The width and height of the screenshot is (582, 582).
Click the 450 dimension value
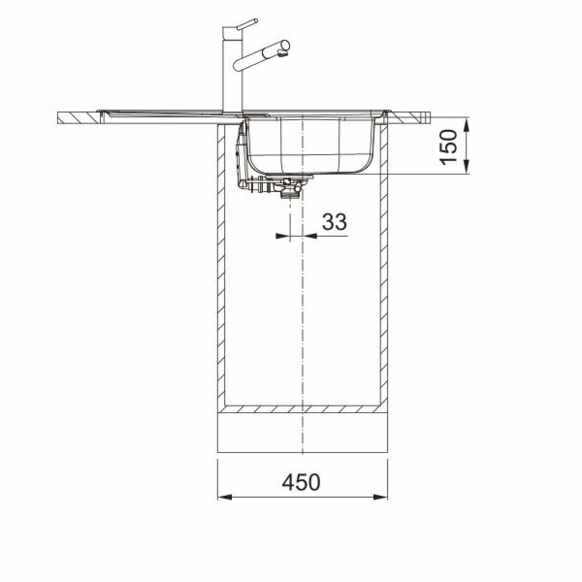(x=301, y=482)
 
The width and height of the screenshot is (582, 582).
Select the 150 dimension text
(x=448, y=146)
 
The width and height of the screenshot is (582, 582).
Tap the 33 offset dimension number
(x=335, y=221)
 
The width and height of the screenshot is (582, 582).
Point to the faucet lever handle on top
(x=247, y=25)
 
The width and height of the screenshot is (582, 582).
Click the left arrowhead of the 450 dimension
(x=225, y=497)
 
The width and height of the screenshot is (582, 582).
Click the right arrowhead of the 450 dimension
(x=380, y=497)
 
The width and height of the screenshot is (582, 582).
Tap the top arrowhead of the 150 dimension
(x=467, y=124)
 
